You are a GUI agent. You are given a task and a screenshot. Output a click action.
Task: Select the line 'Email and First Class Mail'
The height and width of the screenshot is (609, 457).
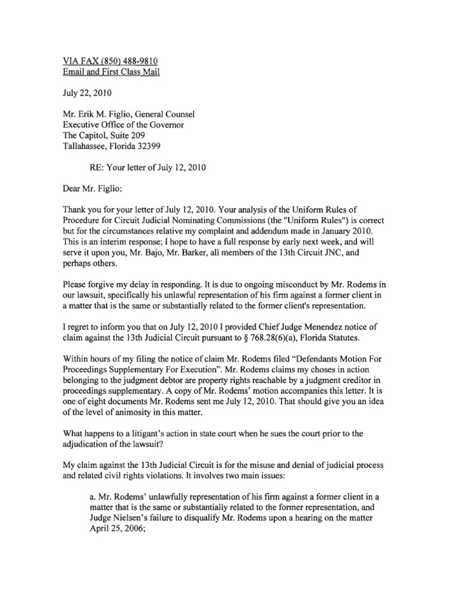(x=111, y=73)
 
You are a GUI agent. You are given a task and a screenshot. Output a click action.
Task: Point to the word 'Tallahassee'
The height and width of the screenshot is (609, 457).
(x=88, y=146)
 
